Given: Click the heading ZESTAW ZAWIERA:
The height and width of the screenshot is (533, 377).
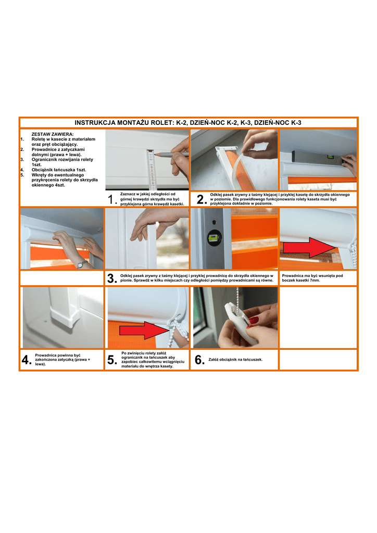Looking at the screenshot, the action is click(53, 134).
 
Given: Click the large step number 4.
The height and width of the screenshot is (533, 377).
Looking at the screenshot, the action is click(26, 360).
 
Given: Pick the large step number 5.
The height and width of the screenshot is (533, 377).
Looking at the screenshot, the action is click(111, 360).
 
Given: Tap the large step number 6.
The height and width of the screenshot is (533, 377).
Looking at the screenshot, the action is click(199, 360).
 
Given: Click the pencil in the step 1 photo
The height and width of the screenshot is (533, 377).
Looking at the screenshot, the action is click(171, 154).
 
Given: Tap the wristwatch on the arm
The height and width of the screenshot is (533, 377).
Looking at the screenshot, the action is click(81, 263).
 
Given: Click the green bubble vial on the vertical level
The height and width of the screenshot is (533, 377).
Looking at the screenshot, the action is click(214, 237).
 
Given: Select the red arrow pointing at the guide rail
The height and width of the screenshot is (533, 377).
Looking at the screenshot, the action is click(309, 247).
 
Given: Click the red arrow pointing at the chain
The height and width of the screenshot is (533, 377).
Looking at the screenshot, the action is click(144, 330).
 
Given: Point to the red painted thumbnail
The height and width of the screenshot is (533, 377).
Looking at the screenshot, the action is click(254, 320).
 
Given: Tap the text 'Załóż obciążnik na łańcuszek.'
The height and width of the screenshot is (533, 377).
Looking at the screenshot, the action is click(235, 359).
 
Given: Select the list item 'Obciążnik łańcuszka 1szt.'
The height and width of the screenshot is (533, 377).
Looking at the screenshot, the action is click(59, 170).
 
